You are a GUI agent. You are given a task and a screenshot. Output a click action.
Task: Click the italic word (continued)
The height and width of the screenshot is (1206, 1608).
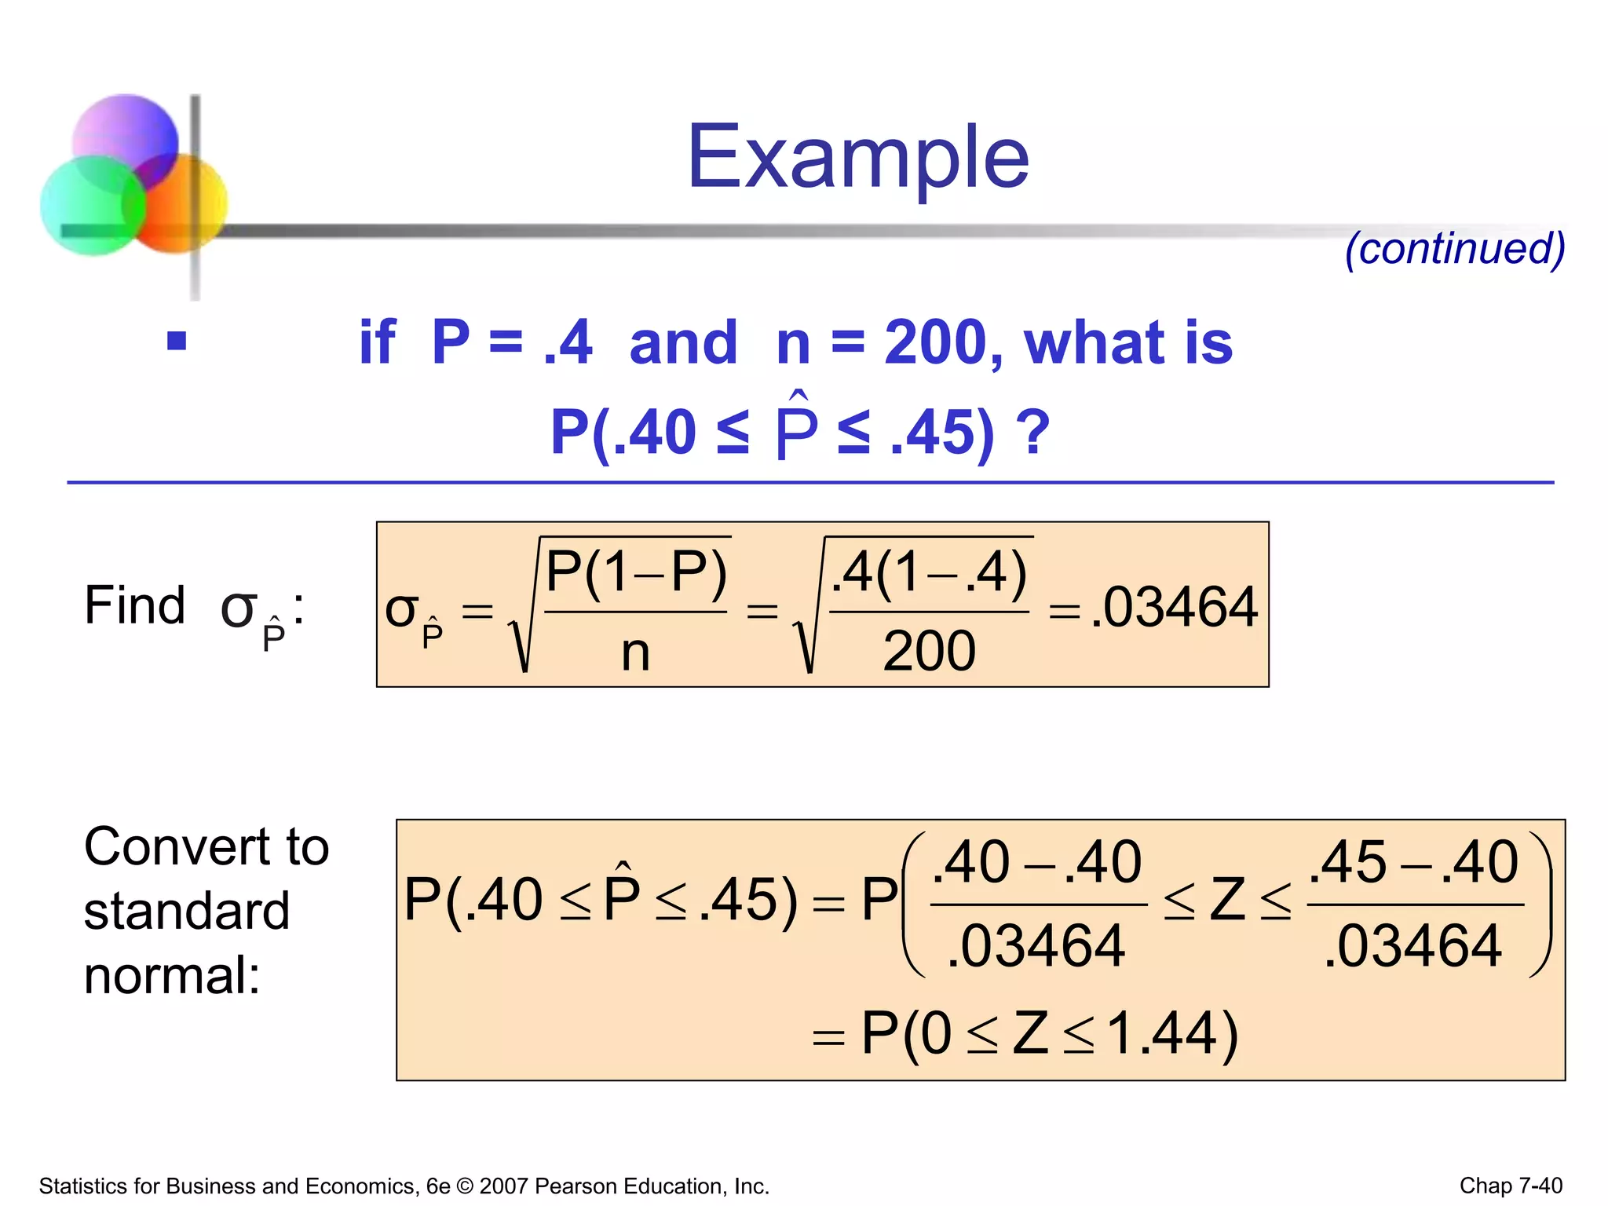tap(1455, 249)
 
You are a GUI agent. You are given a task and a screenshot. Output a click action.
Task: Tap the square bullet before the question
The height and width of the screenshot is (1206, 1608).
tap(177, 341)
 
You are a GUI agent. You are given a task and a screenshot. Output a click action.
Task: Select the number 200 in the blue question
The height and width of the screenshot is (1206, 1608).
tap(934, 343)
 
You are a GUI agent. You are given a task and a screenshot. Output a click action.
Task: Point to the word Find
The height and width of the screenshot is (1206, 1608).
tap(135, 606)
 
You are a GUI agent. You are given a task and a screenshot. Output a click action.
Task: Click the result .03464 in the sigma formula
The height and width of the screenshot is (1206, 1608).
tap(1174, 608)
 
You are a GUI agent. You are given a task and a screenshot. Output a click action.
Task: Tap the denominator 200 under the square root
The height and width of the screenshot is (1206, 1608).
tap(929, 652)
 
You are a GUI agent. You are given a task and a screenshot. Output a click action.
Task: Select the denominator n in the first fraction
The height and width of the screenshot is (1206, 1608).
tap(635, 653)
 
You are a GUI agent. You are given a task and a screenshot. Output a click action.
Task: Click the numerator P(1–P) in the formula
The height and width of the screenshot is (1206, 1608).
tap(636, 572)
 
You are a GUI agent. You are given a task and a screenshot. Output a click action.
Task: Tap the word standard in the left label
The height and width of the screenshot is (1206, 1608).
tap(187, 912)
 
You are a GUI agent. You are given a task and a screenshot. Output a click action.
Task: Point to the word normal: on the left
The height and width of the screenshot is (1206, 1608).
tap(172, 976)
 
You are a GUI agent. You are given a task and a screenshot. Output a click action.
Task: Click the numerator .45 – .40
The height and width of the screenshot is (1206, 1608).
tap(1414, 862)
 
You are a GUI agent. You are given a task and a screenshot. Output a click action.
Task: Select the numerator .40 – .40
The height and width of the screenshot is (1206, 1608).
tap(1037, 862)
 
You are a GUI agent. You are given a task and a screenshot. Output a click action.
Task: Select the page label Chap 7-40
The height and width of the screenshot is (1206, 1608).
tap(1511, 1186)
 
